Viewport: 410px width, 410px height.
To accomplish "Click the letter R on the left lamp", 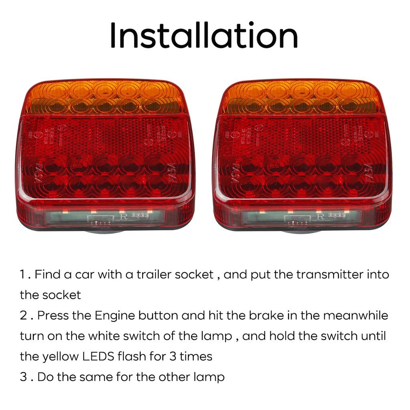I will pyautogui.click(x=124, y=218).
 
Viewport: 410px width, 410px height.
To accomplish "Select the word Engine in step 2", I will pyautogui.click(x=115, y=316).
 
